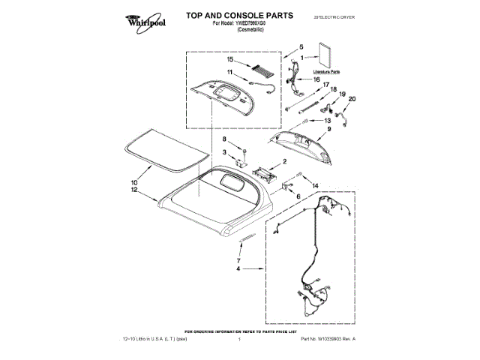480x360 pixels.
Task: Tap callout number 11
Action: (x=230, y=73)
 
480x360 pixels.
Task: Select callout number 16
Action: (x=316, y=79)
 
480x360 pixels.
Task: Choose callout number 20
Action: (x=352, y=99)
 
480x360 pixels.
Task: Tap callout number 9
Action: (x=328, y=130)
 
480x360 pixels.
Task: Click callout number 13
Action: (x=328, y=120)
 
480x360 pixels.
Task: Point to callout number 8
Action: (x=223, y=140)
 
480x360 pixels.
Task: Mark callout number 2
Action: (x=283, y=162)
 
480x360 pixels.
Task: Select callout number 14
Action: (x=316, y=184)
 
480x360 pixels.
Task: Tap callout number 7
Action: (x=238, y=260)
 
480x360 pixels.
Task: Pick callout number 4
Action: (x=238, y=268)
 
